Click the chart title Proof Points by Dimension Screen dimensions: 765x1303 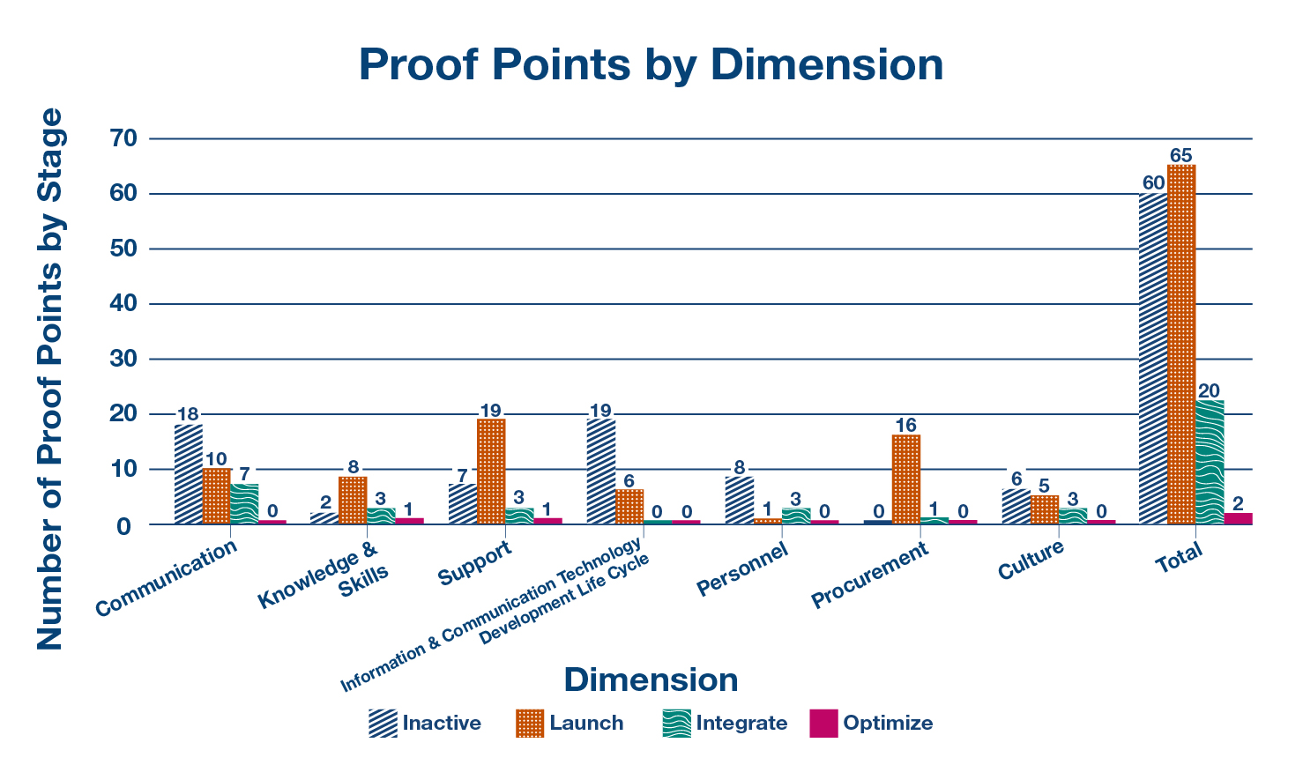(x=651, y=64)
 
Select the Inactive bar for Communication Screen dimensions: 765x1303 (x=189, y=474)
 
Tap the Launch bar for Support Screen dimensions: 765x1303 (x=491, y=472)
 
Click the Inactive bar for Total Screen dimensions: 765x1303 (x=1153, y=359)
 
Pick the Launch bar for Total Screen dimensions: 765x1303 (x=1181, y=345)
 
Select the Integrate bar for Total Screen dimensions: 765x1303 (x=1210, y=462)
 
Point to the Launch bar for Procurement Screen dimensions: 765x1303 (x=906, y=479)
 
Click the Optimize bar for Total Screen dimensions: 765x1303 (x=1238, y=518)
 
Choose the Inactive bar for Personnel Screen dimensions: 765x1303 (x=739, y=501)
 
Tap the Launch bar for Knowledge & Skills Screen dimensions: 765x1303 (x=353, y=501)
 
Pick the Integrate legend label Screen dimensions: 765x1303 (x=741, y=724)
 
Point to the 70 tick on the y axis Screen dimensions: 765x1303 (x=123, y=138)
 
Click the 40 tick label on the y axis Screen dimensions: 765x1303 (x=123, y=304)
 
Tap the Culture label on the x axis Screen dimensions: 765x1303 (x=1031, y=561)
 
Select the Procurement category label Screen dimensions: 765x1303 (x=869, y=576)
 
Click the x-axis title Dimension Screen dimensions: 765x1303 (x=651, y=680)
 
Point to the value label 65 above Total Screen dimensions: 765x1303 (x=1181, y=155)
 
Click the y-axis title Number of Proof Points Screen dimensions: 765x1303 (x=50, y=379)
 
